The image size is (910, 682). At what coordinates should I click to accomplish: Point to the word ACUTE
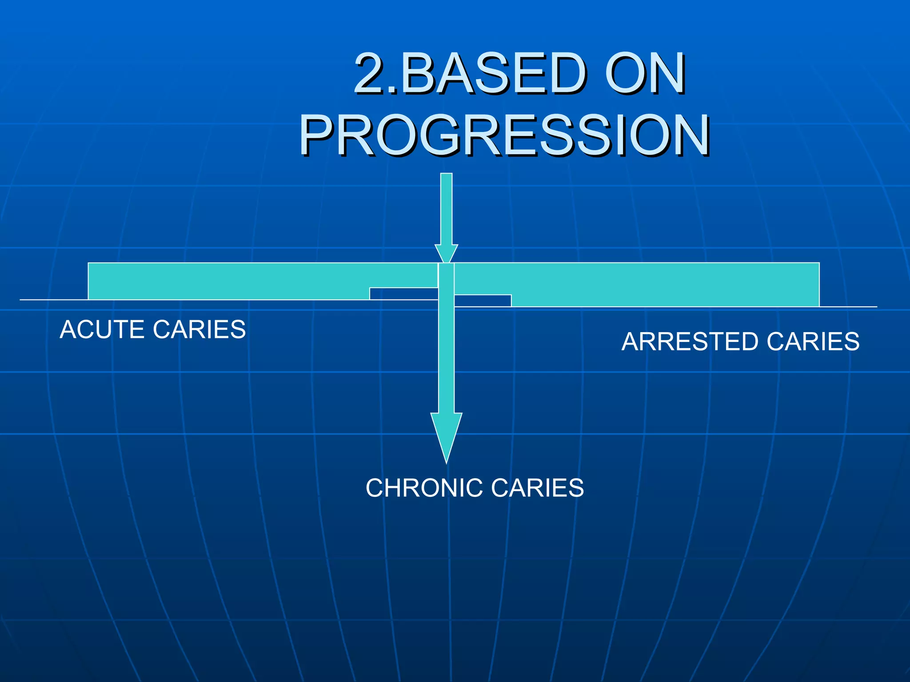click(103, 329)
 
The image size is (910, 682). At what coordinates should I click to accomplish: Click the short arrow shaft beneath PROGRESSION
click(446, 209)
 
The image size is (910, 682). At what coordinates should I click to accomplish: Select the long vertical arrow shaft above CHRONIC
click(446, 346)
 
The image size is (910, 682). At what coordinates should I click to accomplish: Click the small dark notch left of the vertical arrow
click(403, 293)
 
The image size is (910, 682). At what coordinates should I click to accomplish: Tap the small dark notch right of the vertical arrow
click(483, 301)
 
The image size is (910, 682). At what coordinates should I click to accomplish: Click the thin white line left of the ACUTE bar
click(53, 300)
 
